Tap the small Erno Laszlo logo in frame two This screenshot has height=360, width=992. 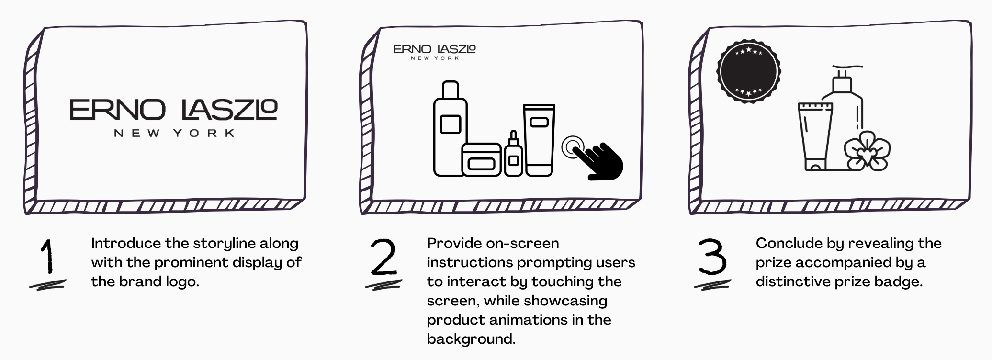(x=434, y=52)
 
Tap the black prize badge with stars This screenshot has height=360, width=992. (x=748, y=71)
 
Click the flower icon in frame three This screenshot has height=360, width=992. (x=867, y=151)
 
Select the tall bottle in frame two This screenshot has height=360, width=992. (x=450, y=128)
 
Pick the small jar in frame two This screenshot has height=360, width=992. (x=481, y=159)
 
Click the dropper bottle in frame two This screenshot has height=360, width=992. (x=513, y=154)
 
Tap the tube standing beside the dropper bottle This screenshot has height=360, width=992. (x=539, y=140)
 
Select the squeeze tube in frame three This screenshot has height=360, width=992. (x=815, y=136)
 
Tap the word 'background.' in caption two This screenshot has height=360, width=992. (x=471, y=339)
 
